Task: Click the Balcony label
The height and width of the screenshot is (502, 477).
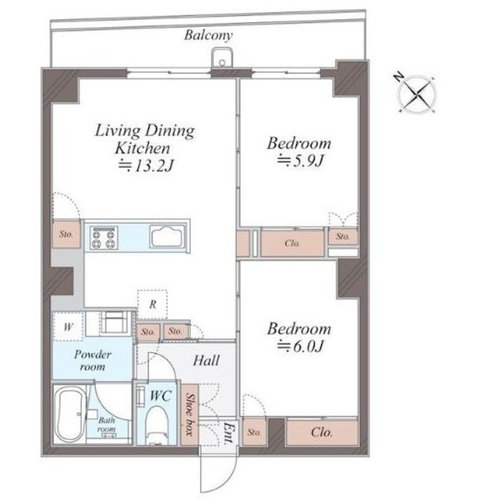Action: tap(208, 35)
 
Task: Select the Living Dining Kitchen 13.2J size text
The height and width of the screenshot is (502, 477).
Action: tap(146, 166)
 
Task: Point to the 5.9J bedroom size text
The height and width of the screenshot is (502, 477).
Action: tap(300, 160)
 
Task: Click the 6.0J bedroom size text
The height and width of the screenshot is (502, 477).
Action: tap(300, 346)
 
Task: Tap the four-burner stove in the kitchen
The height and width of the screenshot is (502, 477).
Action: tap(104, 238)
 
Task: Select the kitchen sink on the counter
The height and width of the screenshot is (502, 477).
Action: tap(167, 237)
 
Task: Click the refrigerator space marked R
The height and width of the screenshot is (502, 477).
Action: tap(152, 304)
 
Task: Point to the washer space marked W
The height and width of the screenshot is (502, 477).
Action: tap(68, 326)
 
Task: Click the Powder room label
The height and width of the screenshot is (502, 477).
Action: tap(93, 361)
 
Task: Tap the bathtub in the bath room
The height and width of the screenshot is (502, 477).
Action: tap(71, 414)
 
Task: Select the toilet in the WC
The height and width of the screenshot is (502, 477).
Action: tap(157, 425)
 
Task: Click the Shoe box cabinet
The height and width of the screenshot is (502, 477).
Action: tap(190, 415)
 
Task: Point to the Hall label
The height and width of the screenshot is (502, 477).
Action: tap(206, 361)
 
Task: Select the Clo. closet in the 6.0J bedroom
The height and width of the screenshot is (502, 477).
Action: tap(322, 432)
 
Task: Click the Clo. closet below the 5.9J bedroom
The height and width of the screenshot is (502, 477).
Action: tap(293, 243)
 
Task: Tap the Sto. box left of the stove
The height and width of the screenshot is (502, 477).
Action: tap(66, 234)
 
